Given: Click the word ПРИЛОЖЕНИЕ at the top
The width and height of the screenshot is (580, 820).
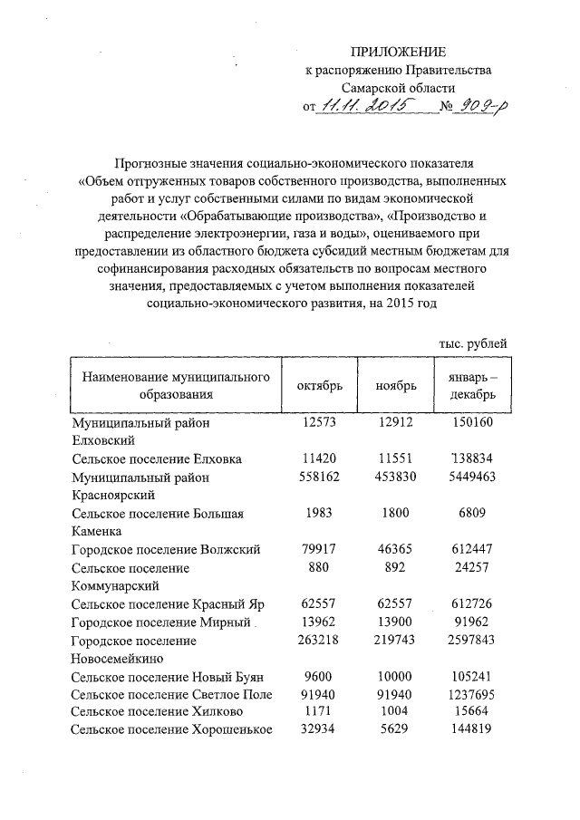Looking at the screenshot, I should pos(400,52).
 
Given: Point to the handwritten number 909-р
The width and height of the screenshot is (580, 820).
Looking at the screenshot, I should pos(482,107).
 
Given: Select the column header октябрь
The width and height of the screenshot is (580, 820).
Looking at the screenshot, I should pos(320,385).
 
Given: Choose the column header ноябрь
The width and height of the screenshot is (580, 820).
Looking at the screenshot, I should pos(396,385).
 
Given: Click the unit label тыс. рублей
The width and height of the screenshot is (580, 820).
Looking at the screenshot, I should pos(467,343).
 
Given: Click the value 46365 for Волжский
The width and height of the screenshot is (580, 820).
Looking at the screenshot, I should pos(396,549).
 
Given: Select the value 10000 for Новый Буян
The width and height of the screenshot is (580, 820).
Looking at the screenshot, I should pos(396,676).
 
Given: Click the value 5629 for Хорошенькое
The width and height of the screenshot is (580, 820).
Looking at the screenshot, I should pos(396,730).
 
